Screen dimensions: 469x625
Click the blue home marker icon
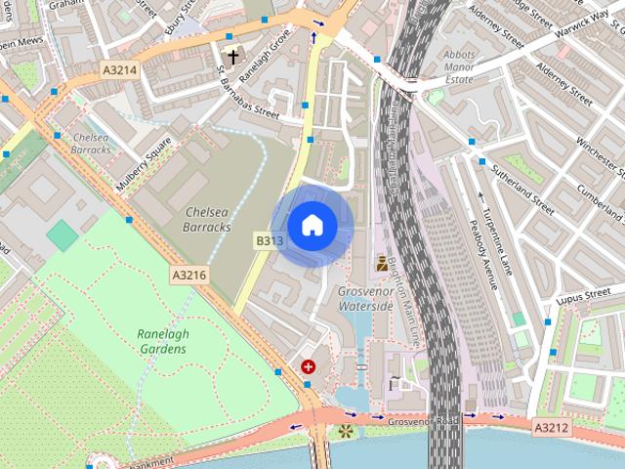coord(312,226)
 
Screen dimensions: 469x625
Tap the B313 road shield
coord(270,240)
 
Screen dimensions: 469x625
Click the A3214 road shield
coord(120,70)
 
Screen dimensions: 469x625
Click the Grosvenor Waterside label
coord(365,299)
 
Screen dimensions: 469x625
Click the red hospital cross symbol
coord(309,366)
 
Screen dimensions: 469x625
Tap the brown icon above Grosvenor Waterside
coord(381,262)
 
